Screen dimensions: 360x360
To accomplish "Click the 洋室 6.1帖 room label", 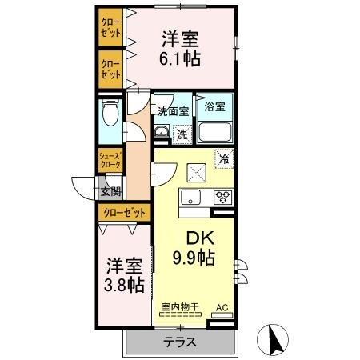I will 181,48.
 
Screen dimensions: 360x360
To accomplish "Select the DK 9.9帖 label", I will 194,249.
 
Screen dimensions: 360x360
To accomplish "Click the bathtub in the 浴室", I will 216,133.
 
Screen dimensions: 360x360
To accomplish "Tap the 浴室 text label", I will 216,105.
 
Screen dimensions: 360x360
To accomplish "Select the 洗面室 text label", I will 172,111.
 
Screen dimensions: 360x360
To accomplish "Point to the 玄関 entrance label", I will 110,190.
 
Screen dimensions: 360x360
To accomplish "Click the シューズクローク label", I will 110,159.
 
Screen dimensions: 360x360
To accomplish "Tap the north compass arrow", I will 274,342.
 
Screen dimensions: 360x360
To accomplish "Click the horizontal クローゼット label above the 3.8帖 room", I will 126,213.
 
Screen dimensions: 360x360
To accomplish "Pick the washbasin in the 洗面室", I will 161,133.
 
